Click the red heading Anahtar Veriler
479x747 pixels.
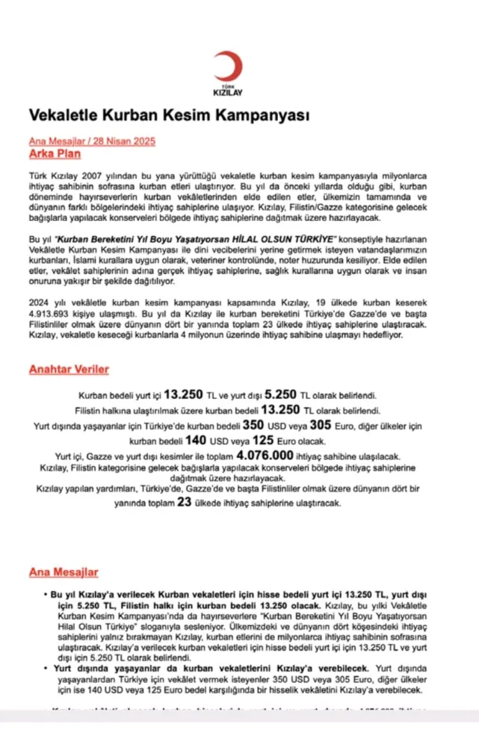point(69,369)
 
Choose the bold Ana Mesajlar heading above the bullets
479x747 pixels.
point(64,572)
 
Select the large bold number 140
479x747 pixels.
point(195,440)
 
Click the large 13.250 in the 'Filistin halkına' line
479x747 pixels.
point(279,409)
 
